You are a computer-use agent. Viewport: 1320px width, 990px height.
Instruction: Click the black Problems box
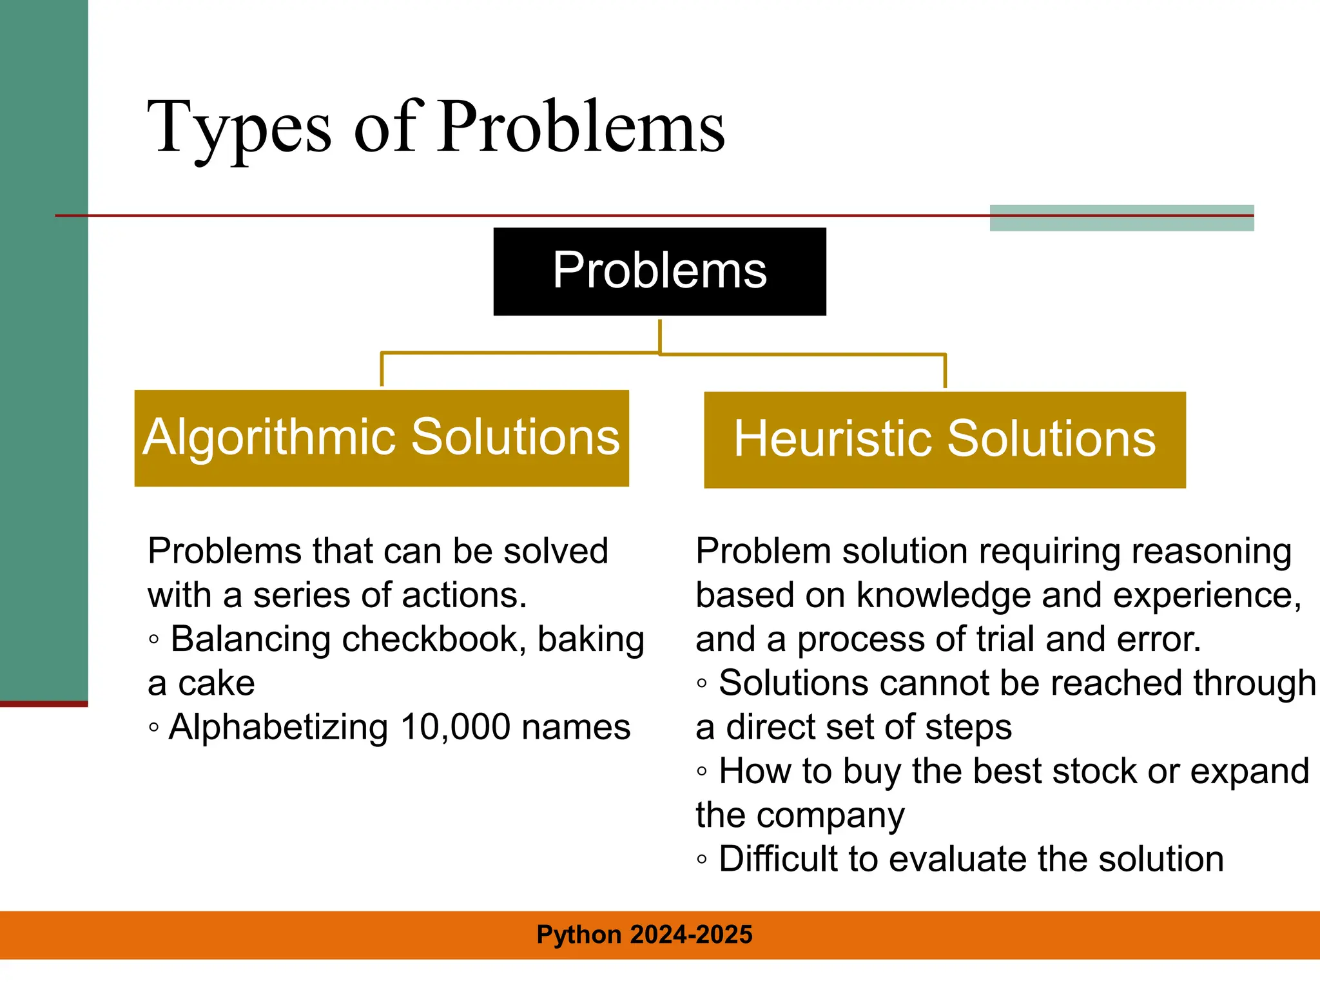[659, 271]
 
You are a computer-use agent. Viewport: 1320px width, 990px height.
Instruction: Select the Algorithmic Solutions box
[382, 438]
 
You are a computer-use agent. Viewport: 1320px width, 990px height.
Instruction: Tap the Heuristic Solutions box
[944, 440]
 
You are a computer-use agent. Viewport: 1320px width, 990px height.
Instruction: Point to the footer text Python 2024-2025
[645, 935]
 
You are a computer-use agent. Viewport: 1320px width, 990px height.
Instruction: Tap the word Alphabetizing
[278, 728]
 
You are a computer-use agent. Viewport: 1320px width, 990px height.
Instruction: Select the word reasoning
[1211, 552]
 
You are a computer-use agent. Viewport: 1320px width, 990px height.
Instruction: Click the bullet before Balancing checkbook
[153, 640]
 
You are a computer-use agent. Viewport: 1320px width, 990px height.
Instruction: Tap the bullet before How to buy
[702, 772]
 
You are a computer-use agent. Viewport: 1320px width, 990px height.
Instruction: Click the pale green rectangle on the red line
[1121, 218]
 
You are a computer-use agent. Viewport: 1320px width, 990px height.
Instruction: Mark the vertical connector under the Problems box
[660, 335]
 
